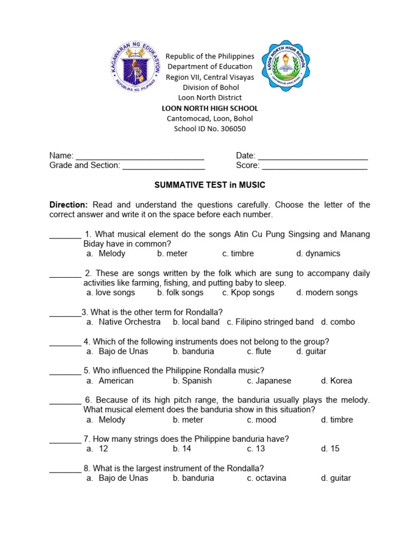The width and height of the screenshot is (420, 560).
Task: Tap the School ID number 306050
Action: (x=210, y=129)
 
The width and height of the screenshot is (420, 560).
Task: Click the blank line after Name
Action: (x=139, y=156)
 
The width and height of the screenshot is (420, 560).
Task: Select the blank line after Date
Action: (x=312, y=156)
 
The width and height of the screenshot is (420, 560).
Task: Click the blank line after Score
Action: (x=314, y=166)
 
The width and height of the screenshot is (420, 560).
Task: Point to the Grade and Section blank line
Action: (x=164, y=166)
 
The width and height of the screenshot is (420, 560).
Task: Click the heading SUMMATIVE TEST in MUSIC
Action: (x=210, y=185)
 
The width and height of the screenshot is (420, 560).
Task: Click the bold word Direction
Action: (x=68, y=205)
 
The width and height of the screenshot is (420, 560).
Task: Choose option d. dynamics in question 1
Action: (x=318, y=253)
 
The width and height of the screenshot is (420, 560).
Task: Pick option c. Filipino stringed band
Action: (x=270, y=322)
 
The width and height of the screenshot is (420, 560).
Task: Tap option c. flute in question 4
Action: (x=259, y=352)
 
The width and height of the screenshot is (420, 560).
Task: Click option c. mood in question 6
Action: (x=261, y=420)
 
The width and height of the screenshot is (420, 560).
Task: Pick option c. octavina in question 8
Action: (x=266, y=478)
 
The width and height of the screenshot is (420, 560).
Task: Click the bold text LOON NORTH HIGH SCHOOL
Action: (x=210, y=108)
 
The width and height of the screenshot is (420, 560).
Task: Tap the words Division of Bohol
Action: (x=210, y=87)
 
